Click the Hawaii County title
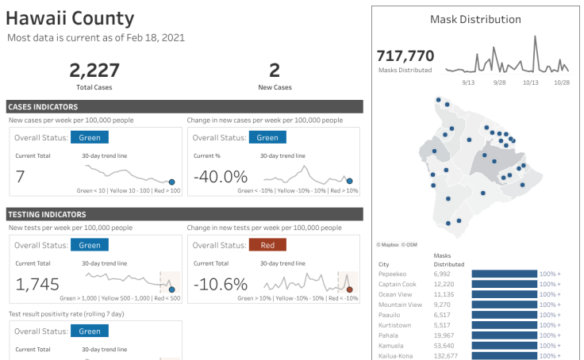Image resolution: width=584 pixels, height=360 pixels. (x=70, y=18)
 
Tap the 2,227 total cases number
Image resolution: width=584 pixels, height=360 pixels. (x=94, y=71)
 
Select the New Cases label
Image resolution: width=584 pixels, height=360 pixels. (x=275, y=86)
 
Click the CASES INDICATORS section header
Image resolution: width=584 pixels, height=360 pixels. (x=43, y=106)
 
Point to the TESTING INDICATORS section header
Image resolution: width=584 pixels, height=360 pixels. (x=46, y=214)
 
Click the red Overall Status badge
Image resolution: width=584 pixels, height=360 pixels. (x=268, y=245)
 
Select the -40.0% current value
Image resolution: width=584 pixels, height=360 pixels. (x=221, y=176)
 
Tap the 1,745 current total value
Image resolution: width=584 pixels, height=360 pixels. (x=38, y=284)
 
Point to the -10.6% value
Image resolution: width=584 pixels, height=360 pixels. (x=221, y=284)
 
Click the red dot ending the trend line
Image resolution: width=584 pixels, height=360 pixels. (x=349, y=290)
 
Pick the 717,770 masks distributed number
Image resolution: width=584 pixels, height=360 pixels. (x=405, y=56)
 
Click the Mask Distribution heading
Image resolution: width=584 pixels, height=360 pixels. (x=475, y=20)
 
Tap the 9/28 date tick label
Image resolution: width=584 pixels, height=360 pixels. (x=499, y=82)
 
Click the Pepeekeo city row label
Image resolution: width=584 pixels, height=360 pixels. (x=394, y=274)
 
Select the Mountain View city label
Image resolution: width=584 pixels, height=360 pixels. (x=400, y=304)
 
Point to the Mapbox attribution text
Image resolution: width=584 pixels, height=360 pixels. (x=390, y=246)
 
